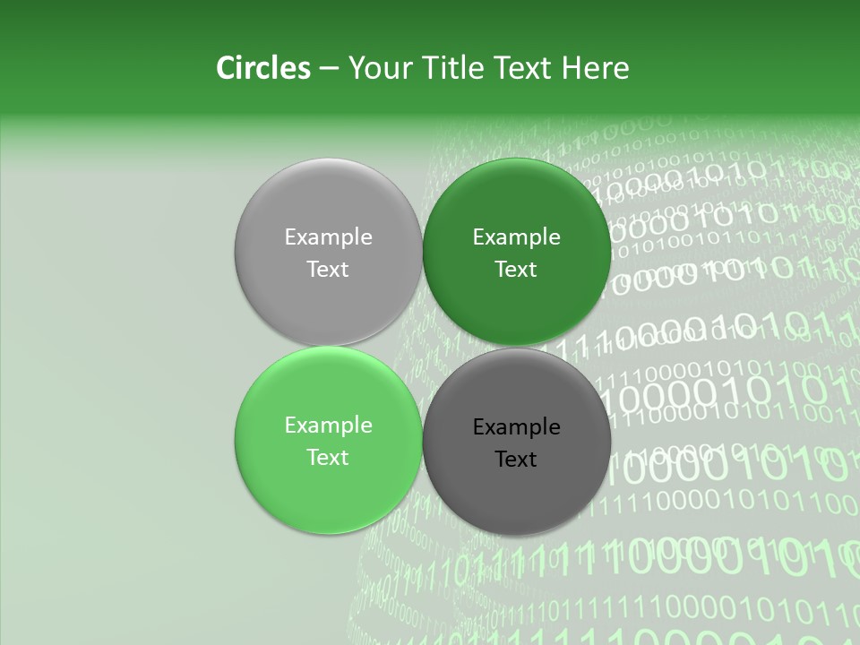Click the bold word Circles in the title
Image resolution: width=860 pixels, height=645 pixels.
click(262, 68)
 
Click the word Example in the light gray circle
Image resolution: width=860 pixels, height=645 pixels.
click(328, 236)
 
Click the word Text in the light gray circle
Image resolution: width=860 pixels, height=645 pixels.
click(328, 269)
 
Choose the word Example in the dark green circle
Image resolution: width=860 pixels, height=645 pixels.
click(516, 236)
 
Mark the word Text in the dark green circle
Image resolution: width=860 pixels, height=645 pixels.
click(516, 269)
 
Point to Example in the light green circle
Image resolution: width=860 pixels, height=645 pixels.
click(328, 425)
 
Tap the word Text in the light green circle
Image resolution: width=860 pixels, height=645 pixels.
click(328, 457)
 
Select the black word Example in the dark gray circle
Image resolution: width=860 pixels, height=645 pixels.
click(516, 426)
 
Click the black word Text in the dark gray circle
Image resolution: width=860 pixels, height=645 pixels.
click(516, 459)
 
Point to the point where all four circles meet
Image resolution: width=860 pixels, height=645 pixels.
click(422, 346)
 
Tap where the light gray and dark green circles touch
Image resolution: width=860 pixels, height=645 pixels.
click(422, 252)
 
